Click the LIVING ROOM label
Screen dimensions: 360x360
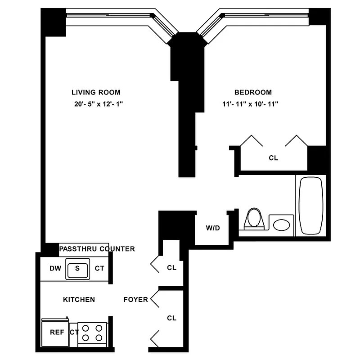pos(96,92)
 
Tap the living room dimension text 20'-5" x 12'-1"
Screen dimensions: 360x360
pos(96,104)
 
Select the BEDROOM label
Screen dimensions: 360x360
pos(253,92)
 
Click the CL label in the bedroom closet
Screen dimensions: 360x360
pos(273,158)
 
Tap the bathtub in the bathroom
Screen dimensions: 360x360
pos(311,205)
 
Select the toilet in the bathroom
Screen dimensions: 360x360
pos(254,219)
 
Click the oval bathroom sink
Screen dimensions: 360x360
pos(282,225)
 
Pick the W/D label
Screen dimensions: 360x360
pos(213,228)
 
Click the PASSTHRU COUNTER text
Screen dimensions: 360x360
pos(97,249)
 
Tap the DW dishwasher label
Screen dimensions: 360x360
pos(55,269)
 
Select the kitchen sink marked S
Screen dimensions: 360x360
pos(77,269)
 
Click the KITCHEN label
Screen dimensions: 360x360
pos(79,299)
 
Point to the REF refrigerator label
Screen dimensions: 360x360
pos(57,333)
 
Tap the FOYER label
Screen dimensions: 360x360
pos(135,299)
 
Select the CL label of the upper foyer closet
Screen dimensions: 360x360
pos(171,267)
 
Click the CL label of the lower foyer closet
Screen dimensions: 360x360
pos(171,318)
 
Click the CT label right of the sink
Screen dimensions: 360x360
pos(99,269)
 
